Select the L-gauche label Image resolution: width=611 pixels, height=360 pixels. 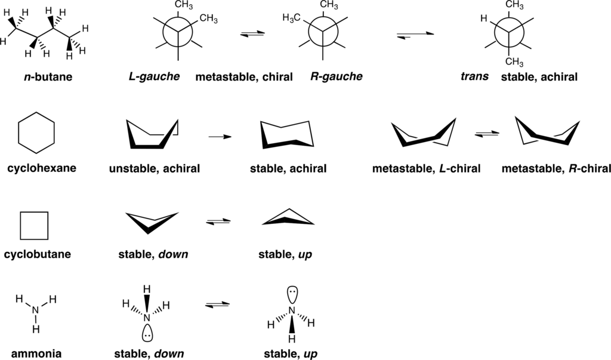[x=155, y=77]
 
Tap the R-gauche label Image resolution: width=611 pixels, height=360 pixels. [x=336, y=77]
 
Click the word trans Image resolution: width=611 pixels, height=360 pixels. [x=476, y=77]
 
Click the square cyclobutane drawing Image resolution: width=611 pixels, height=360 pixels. [x=34, y=225]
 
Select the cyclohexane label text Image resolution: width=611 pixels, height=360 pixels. [x=42, y=168]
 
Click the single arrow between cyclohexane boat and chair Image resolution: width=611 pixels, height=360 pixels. [x=220, y=137]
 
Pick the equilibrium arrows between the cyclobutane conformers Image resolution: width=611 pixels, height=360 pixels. [x=217, y=222]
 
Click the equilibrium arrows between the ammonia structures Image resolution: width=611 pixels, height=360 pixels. [x=217, y=305]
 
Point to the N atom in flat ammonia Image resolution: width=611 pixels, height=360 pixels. [x=35, y=309]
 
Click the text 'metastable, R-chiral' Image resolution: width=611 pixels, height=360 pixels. [x=548, y=168]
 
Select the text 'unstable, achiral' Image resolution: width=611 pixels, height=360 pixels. [x=155, y=168]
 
